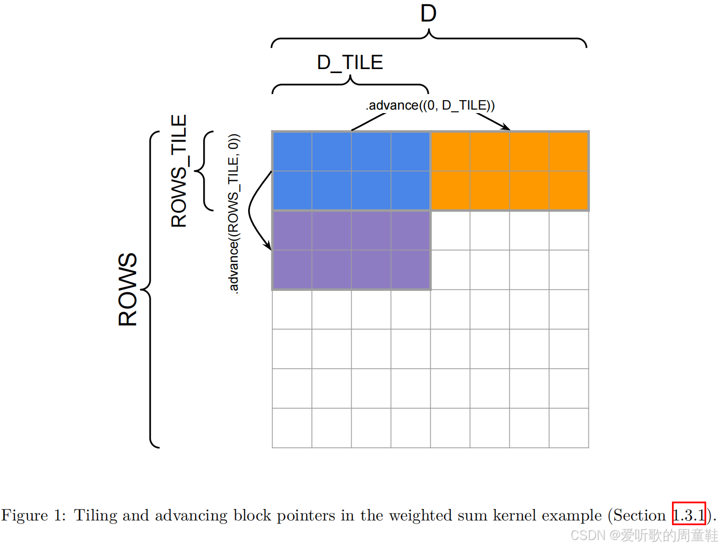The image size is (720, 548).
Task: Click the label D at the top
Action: (428, 14)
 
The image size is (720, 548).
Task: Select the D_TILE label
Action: (350, 63)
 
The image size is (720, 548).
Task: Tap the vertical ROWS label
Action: (128, 289)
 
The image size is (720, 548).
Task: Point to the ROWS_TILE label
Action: (179, 171)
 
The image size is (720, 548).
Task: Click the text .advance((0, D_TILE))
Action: (430, 105)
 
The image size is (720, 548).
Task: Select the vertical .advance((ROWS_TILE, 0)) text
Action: (234, 213)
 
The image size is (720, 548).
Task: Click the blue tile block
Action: (351, 171)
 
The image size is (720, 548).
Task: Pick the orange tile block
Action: (509, 171)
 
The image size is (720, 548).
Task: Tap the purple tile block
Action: (351, 250)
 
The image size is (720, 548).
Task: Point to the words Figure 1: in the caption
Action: (33, 515)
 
